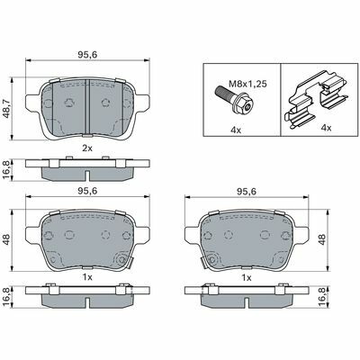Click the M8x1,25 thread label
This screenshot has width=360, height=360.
[x=247, y=84]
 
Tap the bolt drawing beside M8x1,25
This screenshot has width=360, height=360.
[x=235, y=101]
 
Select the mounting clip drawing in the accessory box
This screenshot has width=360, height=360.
[x=317, y=100]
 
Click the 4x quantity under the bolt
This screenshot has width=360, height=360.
[x=236, y=130]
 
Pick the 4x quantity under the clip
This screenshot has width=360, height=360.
[x=326, y=128]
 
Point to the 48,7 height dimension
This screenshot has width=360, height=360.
[x=6, y=109]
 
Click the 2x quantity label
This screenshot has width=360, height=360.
[x=87, y=148]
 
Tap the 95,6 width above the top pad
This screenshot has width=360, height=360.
[x=88, y=55]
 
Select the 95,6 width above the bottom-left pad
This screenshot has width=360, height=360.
[x=87, y=191]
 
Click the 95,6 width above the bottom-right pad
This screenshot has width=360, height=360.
[x=247, y=192]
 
